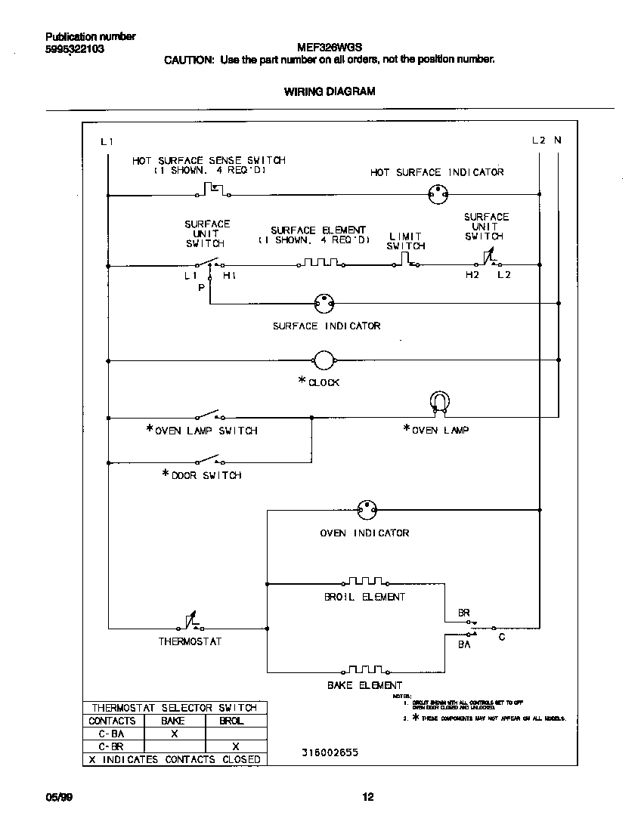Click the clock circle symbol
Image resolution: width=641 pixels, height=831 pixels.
(x=324, y=361)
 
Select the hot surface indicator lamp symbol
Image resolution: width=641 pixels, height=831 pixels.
(x=435, y=194)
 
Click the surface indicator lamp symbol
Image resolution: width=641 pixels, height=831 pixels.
(x=324, y=304)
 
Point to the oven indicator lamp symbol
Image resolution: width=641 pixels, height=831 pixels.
(x=367, y=510)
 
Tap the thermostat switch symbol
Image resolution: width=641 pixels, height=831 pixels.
(x=190, y=622)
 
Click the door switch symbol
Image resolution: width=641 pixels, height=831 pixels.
(x=208, y=460)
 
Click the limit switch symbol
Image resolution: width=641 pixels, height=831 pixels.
(x=406, y=261)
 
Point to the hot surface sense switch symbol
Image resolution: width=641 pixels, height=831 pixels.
(x=213, y=190)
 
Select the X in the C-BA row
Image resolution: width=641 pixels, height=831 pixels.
(x=174, y=734)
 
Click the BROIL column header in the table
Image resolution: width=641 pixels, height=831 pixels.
(x=231, y=721)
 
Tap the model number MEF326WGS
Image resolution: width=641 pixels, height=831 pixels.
(x=330, y=46)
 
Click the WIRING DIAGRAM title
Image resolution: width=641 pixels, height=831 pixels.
(x=330, y=91)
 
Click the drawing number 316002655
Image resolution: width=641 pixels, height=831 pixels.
(x=327, y=753)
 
